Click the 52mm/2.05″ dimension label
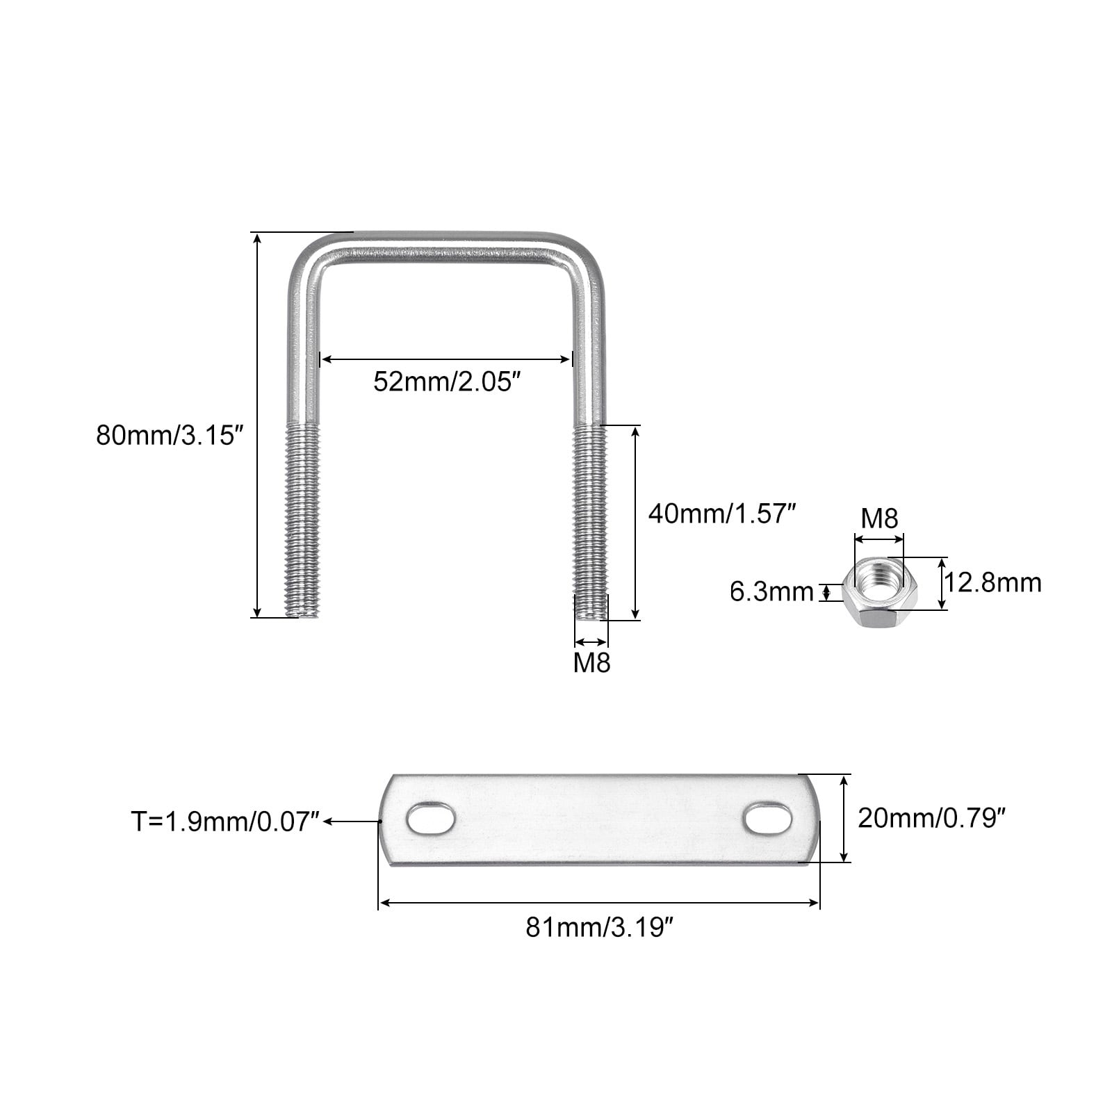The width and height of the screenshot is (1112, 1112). [x=447, y=382]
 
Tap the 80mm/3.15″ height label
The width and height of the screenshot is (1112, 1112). [x=171, y=436]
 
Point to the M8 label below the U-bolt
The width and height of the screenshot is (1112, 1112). [x=591, y=663]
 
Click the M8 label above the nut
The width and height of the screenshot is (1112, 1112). [x=879, y=518]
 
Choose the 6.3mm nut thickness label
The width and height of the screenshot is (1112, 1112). [x=771, y=592]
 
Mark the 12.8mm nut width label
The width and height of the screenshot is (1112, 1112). [x=992, y=582]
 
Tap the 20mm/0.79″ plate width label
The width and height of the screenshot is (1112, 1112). [x=932, y=818]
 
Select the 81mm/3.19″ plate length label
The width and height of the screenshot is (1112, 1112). [x=599, y=927]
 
